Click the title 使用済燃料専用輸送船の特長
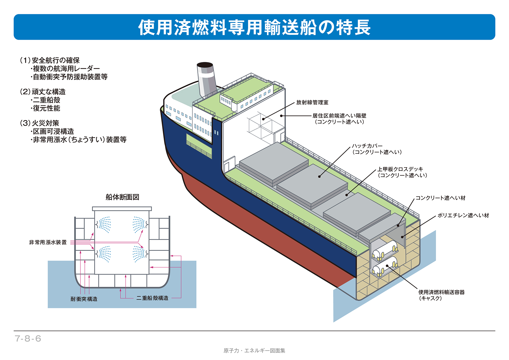tap(254, 27)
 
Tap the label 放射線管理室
tap(312, 102)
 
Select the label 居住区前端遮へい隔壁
tap(339, 116)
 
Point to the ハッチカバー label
tap(367, 146)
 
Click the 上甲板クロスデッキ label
tap(400, 169)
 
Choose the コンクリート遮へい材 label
tap(440, 198)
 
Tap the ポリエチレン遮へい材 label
tap(463, 215)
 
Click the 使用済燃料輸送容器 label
tap(441, 292)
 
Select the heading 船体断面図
tap(122, 197)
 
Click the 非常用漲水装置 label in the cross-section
tap(48, 242)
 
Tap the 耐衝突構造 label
tap(84, 299)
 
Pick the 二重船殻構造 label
tap(152, 298)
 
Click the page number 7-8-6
tap(28, 339)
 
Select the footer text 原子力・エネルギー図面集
tap(254, 351)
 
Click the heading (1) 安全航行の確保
tap(50, 60)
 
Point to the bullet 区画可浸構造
tap(53, 131)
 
